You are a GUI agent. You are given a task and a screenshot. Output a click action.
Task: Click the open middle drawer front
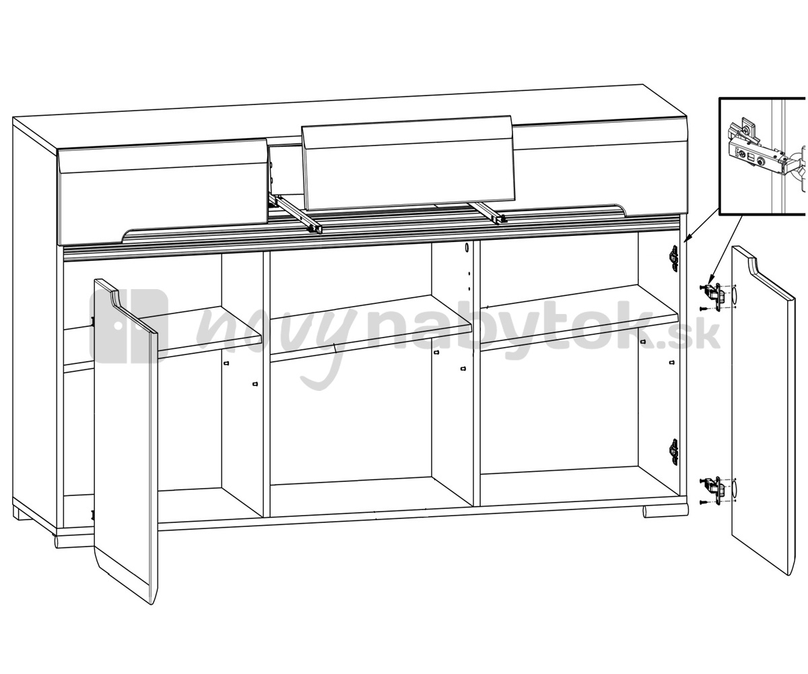pyautogui.click(x=409, y=164)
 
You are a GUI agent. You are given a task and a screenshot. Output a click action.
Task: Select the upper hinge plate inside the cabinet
pyautogui.click(x=674, y=257)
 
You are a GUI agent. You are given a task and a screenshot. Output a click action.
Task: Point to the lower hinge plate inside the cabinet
pyautogui.click(x=674, y=452)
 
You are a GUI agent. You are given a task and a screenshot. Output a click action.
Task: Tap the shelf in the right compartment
pyautogui.click(x=579, y=318)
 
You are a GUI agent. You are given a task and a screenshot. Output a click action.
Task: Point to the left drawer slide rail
pyautogui.click(x=296, y=214)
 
